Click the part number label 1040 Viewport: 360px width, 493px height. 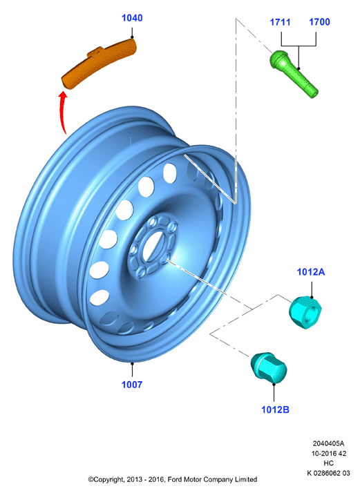coord(132,18)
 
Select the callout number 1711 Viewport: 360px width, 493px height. coord(280,22)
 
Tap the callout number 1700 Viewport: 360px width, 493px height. coord(319,21)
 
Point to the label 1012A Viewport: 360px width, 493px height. coord(311,271)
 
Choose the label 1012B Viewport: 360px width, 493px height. coord(275,409)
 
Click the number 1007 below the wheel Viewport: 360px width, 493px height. coord(132,384)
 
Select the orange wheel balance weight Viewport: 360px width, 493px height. coord(100,63)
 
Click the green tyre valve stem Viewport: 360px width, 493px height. coord(294,74)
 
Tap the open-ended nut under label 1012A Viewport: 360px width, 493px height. coord(305,312)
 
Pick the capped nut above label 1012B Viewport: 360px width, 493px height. coord(268,368)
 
